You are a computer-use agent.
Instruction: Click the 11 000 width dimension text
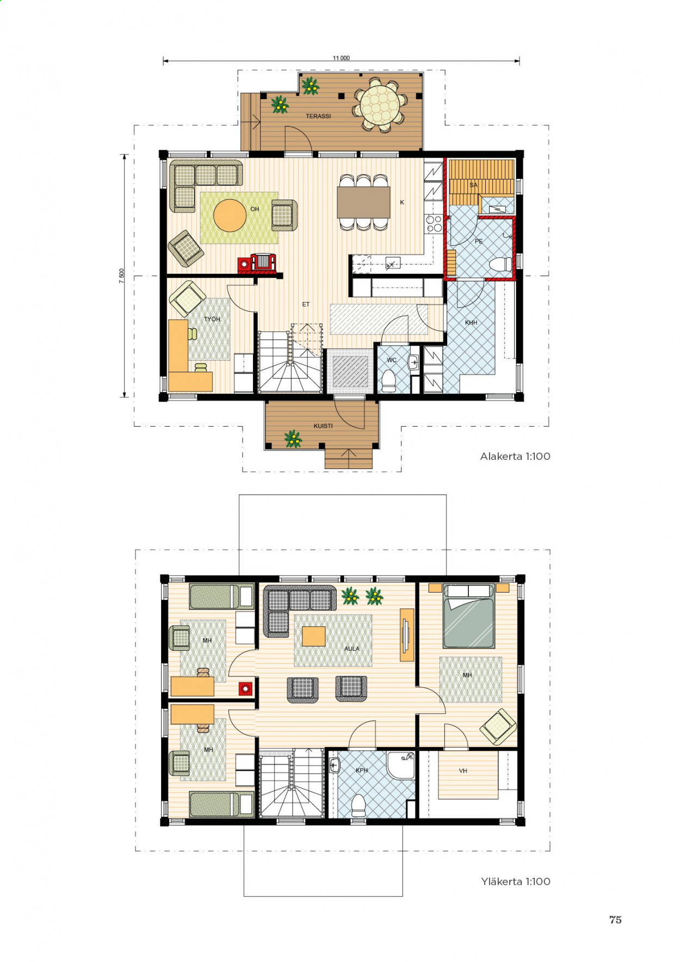[341, 58]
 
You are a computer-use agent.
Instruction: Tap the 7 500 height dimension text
[122, 276]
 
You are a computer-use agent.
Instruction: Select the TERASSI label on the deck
[318, 116]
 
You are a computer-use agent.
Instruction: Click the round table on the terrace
[380, 104]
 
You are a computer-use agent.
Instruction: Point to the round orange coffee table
[230, 215]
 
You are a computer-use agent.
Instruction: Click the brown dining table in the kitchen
[363, 202]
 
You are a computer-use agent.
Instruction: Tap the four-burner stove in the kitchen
[434, 224]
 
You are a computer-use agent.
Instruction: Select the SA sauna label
[473, 185]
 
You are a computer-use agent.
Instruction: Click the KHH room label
[471, 323]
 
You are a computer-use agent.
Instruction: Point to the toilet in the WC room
[388, 380]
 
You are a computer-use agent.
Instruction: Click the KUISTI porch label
[323, 426]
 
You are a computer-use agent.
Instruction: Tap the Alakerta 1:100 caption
[515, 457]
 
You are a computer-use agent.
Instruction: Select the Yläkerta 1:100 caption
[516, 881]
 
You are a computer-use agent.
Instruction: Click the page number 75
[615, 920]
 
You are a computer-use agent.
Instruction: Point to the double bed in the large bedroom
[468, 616]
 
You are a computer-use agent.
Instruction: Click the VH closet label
[463, 771]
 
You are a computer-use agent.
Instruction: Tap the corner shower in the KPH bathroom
[401, 765]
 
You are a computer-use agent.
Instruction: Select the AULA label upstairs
[352, 649]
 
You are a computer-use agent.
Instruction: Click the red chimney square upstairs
[246, 689]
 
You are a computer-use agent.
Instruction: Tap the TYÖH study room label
[212, 319]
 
